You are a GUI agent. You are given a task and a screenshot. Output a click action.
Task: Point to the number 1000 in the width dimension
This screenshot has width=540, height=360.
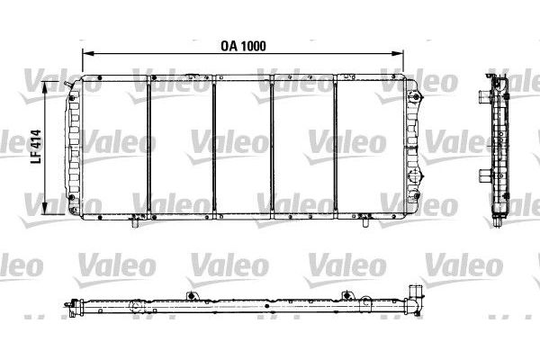(255, 45)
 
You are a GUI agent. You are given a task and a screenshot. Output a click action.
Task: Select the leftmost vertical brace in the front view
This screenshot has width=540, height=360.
(148, 149)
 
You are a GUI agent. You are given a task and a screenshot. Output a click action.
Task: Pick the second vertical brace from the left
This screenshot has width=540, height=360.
(214, 149)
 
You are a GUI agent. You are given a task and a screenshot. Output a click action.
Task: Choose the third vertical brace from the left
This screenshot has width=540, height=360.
(274, 149)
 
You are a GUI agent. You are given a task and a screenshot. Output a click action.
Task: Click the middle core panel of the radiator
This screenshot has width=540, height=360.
(244, 149)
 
